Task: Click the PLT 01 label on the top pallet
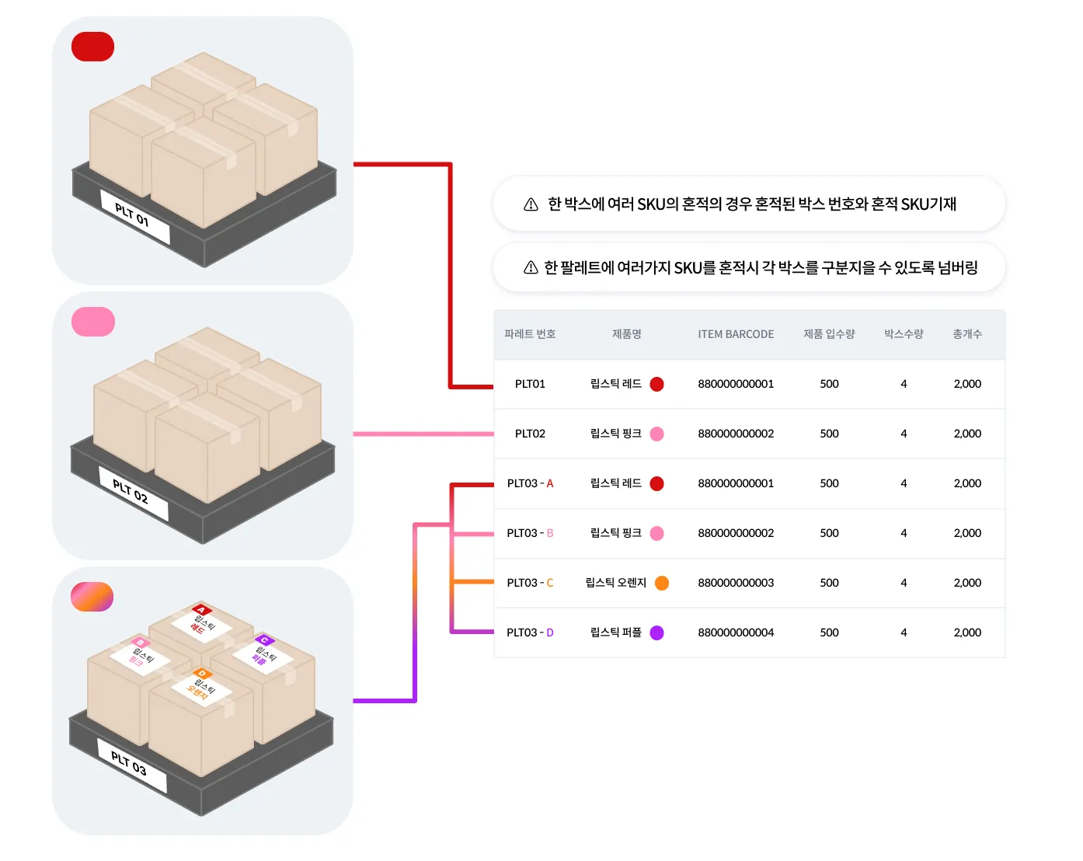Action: click(134, 216)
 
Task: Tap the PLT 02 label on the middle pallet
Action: click(133, 492)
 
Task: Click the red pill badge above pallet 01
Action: click(93, 47)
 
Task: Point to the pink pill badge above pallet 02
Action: click(93, 322)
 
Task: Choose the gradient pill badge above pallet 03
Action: click(92, 597)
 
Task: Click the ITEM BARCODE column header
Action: click(736, 334)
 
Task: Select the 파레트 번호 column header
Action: click(530, 334)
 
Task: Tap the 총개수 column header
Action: click(967, 334)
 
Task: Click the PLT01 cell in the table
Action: click(530, 384)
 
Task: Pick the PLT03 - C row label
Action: click(530, 583)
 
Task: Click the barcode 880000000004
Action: click(736, 633)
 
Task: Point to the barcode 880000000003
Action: click(736, 583)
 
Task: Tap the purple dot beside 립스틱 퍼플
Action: click(657, 633)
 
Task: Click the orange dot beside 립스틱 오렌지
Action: click(662, 583)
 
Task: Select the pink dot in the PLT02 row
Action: click(657, 434)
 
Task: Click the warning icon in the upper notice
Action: click(531, 204)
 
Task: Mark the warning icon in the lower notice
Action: click(531, 268)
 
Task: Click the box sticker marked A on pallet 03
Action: click(201, 619)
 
